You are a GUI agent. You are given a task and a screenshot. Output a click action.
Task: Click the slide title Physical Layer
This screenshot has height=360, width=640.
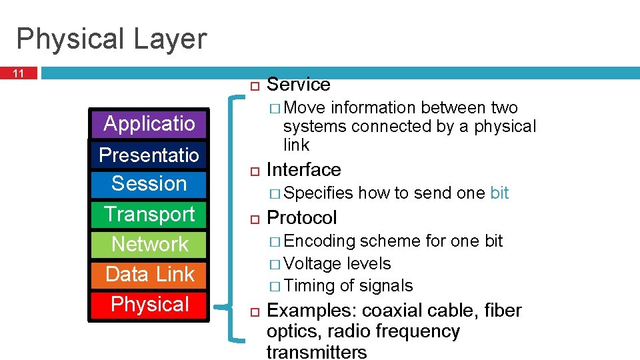pos(111,39)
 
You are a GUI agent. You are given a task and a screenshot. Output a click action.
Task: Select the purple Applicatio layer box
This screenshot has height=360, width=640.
pos(149,123)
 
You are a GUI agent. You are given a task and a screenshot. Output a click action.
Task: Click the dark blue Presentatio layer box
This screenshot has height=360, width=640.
pos(149,155)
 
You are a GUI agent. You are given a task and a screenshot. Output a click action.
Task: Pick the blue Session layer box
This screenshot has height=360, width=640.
pos(149,183)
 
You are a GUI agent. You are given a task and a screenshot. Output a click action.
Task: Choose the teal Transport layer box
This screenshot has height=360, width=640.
pos(149,214)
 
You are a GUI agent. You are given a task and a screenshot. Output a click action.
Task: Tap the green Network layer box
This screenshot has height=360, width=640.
pos(149,244)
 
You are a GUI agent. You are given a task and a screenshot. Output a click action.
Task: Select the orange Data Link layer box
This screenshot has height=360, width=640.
pos(149,274)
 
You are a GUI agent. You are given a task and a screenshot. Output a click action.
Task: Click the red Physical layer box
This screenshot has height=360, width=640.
pos(149,304)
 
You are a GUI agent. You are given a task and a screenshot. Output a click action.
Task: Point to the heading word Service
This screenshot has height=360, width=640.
pos(298,85)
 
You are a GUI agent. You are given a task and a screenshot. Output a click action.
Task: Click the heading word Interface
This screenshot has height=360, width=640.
pos(303,170)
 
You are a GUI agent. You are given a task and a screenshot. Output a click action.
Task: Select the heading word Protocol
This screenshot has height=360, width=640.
pos(301,218)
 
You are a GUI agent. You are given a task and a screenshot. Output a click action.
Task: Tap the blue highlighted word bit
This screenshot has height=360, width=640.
pos(499,193)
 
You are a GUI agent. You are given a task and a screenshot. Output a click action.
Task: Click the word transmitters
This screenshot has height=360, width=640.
pos(316,352)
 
